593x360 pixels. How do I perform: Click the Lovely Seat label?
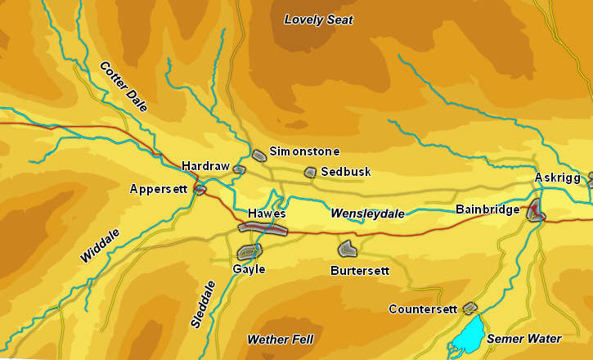tap(318, 20)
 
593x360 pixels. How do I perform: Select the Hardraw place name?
tap(205, 166)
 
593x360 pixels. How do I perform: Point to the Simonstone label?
tap(304, 151)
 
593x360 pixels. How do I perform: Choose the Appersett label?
tap(159, 189)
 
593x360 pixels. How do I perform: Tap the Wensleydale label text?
tap(367, 214)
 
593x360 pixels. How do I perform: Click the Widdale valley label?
tap(100, 245)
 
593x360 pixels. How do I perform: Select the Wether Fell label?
tap(280, 339)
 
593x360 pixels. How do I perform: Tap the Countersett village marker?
tap(469, 308)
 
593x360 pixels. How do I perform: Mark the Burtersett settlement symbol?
tap(347, 248)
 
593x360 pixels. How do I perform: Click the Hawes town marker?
tap(263, 228)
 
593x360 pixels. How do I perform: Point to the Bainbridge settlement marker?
tap(536, 210)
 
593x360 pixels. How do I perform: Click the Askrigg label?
tap(557, 178)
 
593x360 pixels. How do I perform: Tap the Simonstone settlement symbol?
tap(259, 155)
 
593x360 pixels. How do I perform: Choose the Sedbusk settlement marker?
tap(310, 173)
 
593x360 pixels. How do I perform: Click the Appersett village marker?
tap(200, 189)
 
